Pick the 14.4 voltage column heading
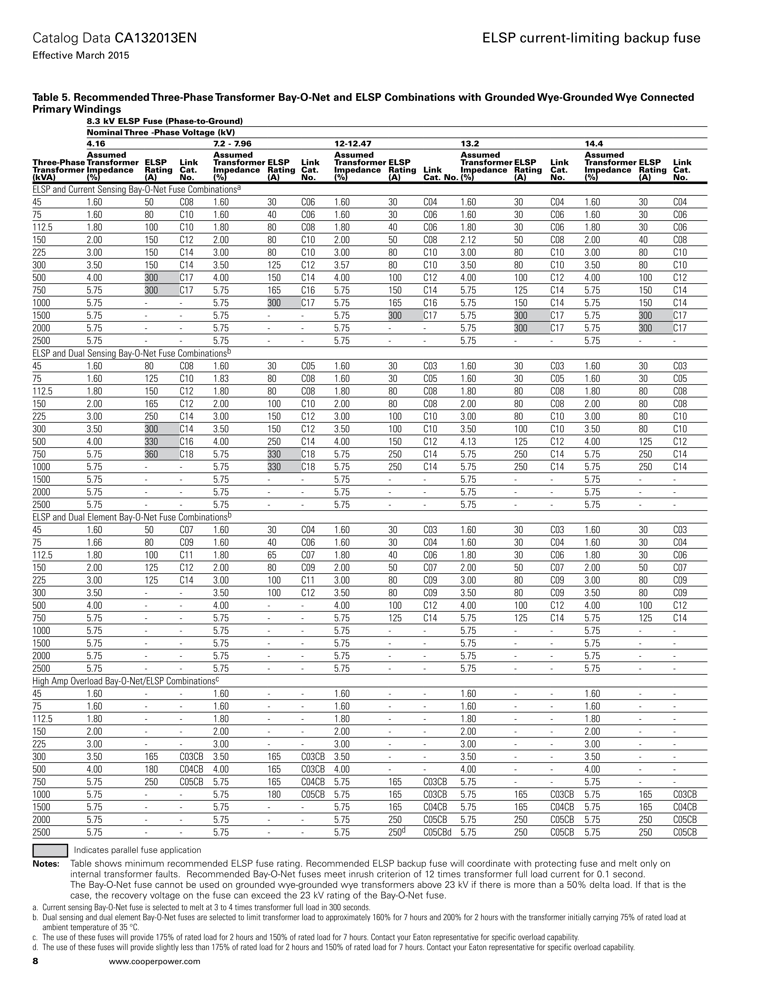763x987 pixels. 593,144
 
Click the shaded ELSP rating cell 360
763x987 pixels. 151,454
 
